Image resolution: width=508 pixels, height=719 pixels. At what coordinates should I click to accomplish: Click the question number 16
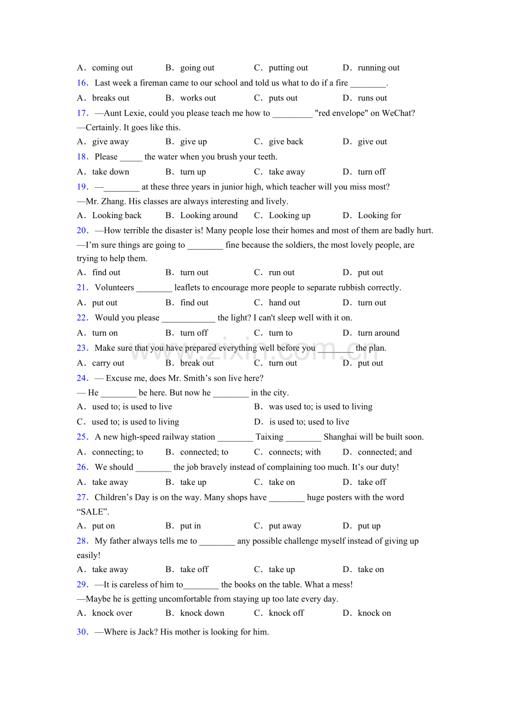82,83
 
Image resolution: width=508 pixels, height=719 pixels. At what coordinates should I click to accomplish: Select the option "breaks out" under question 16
110,98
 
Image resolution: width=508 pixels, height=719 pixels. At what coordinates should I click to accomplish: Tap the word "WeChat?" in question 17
399,113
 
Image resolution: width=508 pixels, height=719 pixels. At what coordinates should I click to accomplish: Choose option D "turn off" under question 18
372,172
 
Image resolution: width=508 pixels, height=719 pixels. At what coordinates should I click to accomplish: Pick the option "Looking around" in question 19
209,215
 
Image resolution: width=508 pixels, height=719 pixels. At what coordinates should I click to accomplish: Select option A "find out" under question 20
106,272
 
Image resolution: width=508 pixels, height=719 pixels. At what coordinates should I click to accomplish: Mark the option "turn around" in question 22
378,333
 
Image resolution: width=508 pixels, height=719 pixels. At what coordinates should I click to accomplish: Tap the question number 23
82,348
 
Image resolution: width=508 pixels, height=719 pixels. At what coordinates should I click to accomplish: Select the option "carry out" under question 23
108,363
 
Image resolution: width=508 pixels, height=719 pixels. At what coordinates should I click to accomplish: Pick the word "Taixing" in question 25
269,437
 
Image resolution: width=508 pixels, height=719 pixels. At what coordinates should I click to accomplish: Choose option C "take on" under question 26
282,482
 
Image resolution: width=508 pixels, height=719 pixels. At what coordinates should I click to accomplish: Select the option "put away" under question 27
285,526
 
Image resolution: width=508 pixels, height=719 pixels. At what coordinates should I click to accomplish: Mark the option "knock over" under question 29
112,613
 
